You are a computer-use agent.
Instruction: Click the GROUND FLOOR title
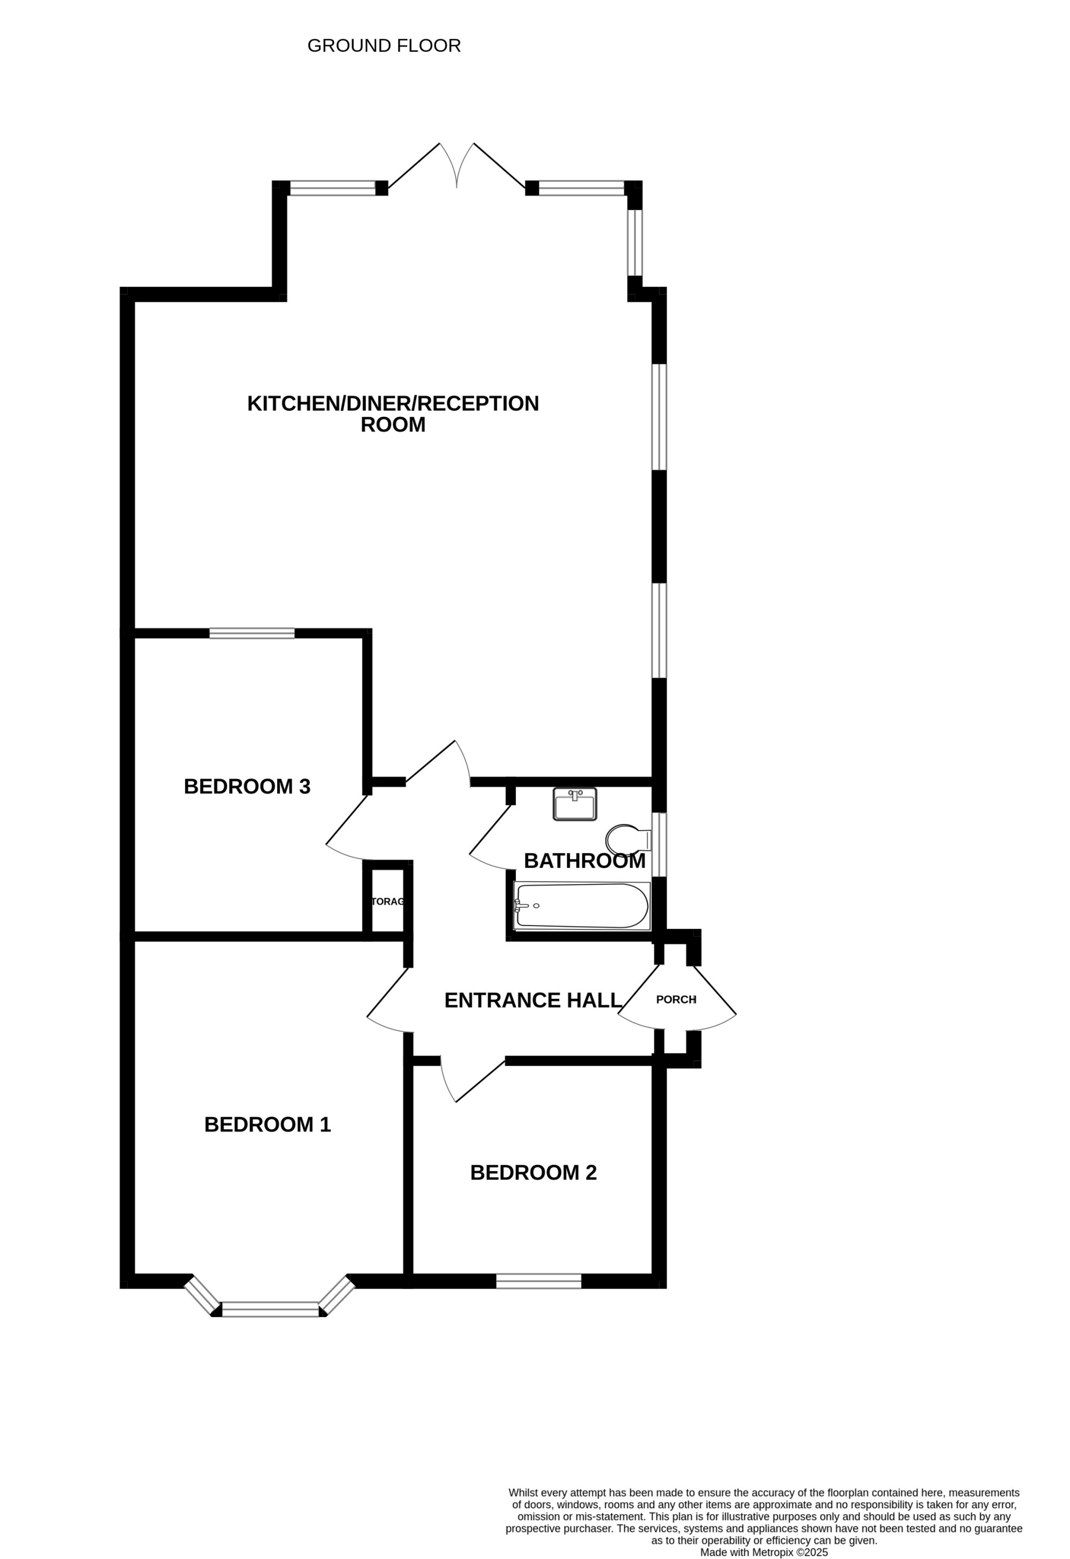coord(384,45)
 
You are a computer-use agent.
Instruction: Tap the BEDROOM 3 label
coord(247,786)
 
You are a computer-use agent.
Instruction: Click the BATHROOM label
coord(584,861)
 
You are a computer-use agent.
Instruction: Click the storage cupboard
coord(388,901)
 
